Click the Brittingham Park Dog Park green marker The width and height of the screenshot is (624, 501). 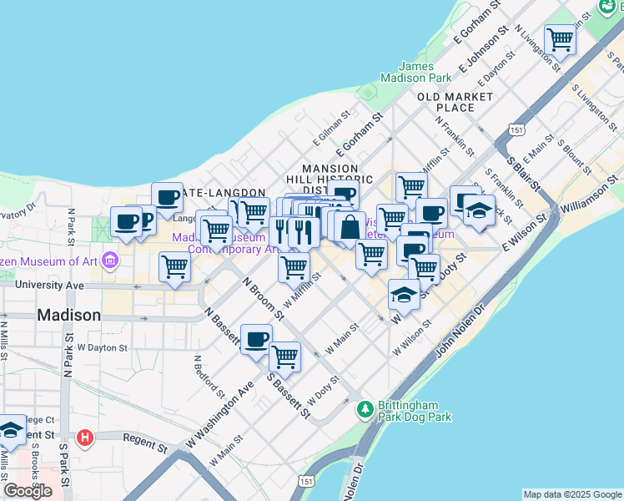coord(365,409)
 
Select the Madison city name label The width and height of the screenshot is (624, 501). coord(69,316)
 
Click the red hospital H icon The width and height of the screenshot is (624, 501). coord(84,438)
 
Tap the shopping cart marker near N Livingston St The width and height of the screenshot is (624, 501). coord(560,38)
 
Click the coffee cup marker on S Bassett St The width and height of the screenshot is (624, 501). coord(256,338)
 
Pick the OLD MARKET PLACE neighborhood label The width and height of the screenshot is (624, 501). coord(455,102)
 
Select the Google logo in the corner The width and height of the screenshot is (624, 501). coord(28,491)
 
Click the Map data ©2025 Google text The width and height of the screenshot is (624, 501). coord(572,494)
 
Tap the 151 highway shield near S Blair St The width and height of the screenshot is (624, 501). coord(517,131)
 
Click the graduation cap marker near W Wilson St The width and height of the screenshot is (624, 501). coord(405,294)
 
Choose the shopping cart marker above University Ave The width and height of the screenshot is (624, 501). coord(174,266)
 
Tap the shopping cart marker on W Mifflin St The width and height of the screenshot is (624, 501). coord(293,267)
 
